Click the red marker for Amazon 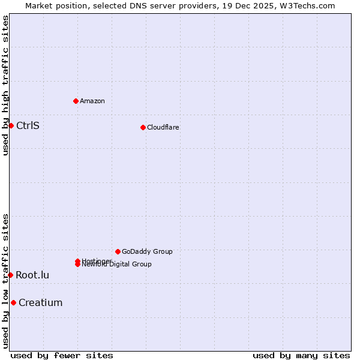[76, 101]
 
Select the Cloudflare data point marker [143, 127]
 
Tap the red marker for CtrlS [11, 125]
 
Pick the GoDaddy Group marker [118, 251]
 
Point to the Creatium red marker [13, 302]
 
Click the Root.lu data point [10, 275]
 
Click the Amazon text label [92, 101]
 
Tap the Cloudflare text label [163, 127]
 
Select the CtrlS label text [28, 125]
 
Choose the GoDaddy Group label [147, 251]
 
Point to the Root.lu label [32, 275]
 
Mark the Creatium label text [40, 302]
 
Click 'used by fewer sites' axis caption [62, 355]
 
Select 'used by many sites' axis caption [301, 355]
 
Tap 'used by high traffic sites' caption [5, 85]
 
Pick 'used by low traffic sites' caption [5, 281]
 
